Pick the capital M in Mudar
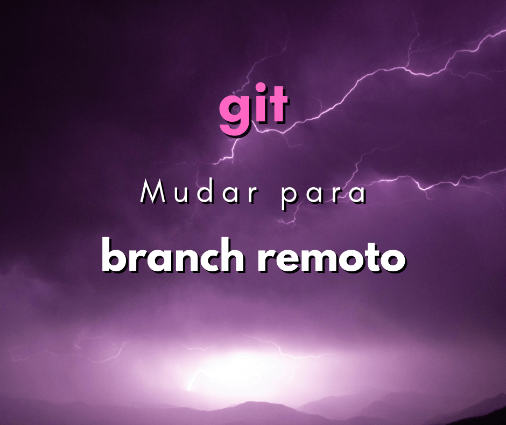point(152,193)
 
